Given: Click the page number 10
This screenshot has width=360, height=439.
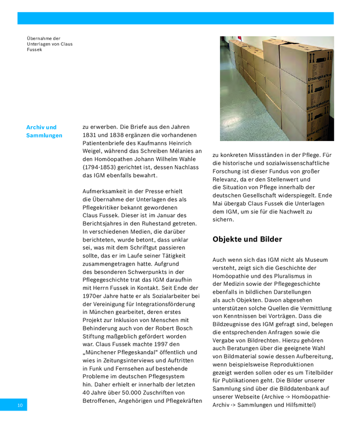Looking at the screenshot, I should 20,405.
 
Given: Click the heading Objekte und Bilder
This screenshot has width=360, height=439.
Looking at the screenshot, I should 247,239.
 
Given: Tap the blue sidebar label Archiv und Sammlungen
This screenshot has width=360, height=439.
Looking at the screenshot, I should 44,131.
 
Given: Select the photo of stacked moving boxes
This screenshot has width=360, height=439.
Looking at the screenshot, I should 277,88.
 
